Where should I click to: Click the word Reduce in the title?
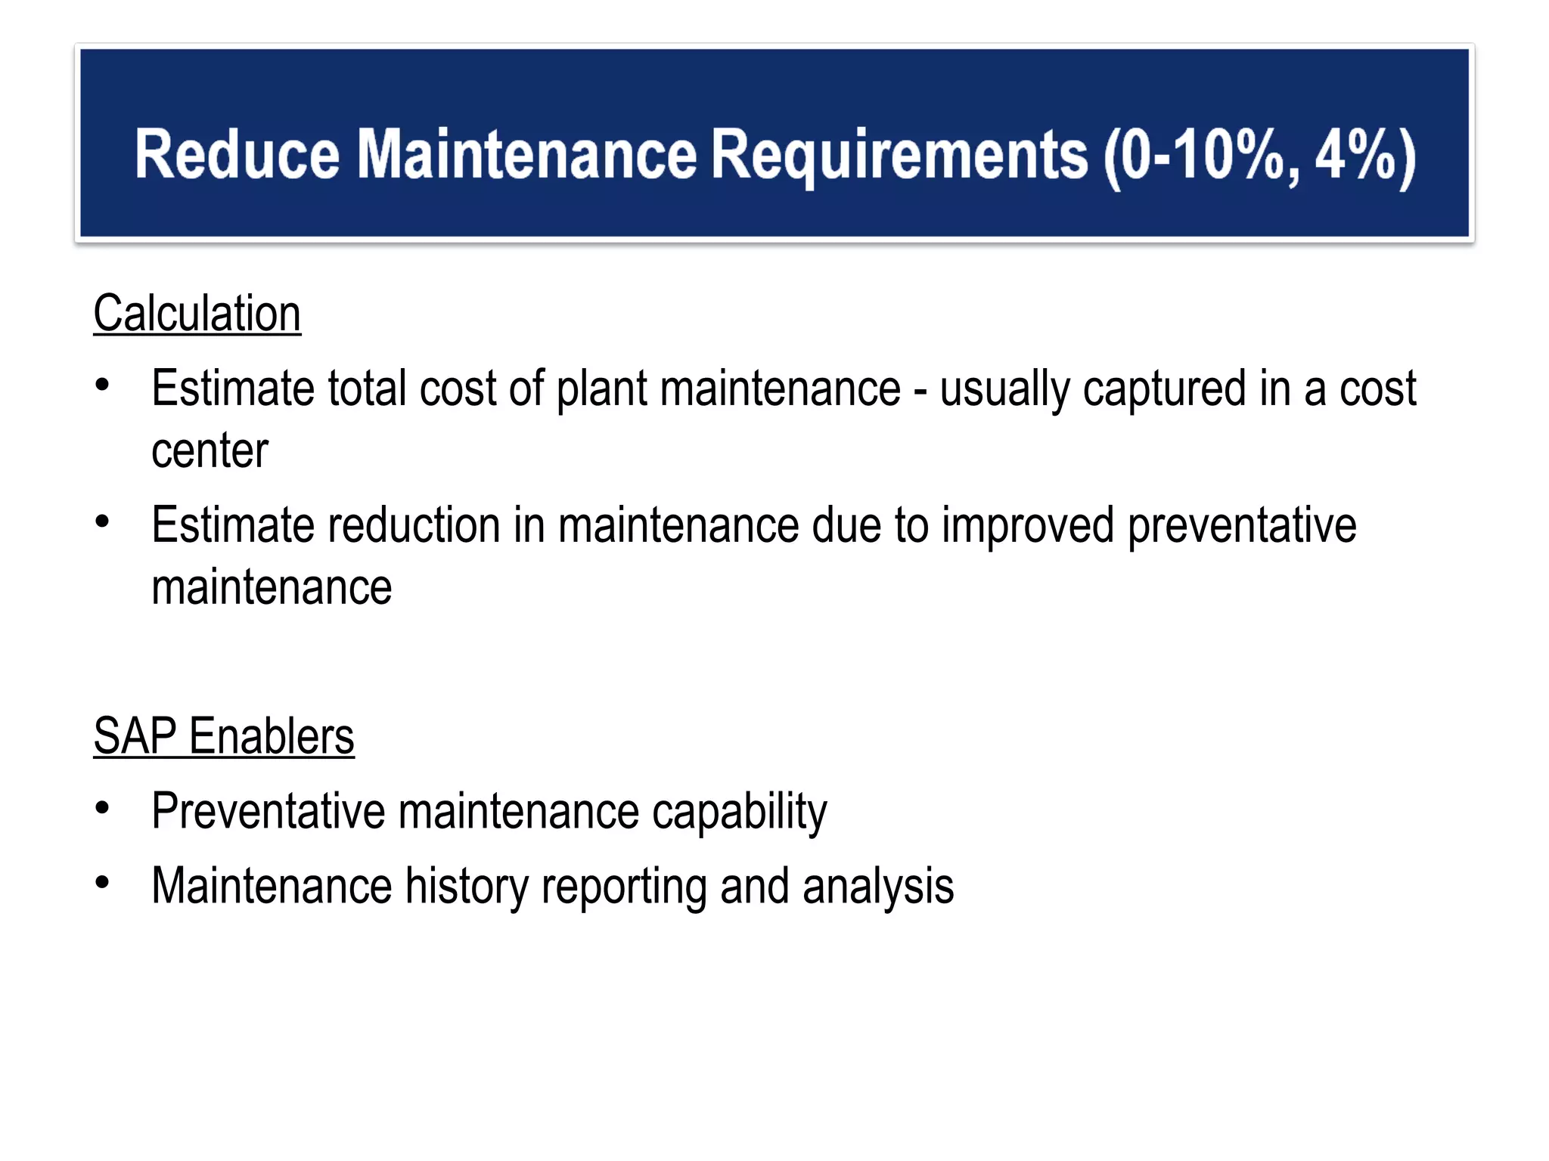pos(237,154)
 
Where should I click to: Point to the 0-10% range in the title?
pos(1203,156)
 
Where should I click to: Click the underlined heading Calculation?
pos(197,314)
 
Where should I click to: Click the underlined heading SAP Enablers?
pos(224,736)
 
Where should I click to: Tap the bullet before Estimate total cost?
pos(103,385)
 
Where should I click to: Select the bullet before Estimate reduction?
pos(103,522)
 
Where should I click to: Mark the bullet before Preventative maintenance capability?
pos(103,808)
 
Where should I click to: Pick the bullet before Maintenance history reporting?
pos(103,883)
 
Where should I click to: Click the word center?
pos(210,451)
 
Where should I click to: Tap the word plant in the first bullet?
pos(602,390)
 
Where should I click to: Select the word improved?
pos(1028,526)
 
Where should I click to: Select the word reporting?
pos(623,887)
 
